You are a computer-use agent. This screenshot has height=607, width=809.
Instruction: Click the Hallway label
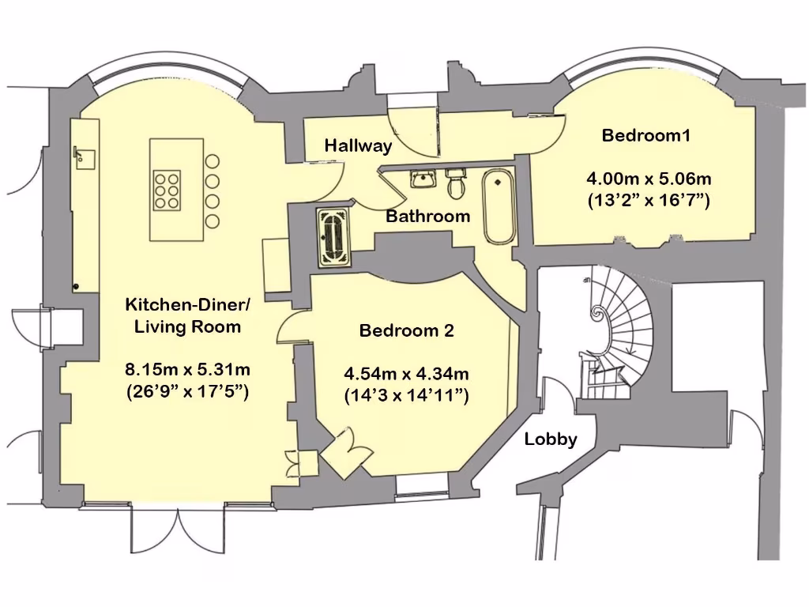(x=358, y=145)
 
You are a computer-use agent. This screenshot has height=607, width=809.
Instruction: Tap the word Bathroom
(x=427, y=216)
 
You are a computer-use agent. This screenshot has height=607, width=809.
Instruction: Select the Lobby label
(x=551, y=439)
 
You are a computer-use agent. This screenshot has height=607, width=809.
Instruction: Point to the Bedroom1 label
(x=646, y=135)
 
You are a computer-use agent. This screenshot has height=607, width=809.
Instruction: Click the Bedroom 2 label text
(x=406, y=330)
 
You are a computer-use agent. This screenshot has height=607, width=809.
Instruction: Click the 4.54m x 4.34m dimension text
(x=406, y=372)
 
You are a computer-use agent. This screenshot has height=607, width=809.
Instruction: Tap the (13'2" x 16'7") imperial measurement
(x=649, y=201)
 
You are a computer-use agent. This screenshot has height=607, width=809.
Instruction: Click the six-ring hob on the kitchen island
(x=167, y=190)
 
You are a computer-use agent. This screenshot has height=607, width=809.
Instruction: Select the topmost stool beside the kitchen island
(x=213, y=161)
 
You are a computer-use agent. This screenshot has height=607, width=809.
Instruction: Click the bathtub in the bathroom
(x=498, y=205)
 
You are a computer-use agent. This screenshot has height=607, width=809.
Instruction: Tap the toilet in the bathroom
(x=455, y=185)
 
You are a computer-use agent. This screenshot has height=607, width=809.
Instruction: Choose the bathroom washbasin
(x=424, y=179)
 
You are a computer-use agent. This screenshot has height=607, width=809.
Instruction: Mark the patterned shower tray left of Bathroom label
(x=333, y=236)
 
